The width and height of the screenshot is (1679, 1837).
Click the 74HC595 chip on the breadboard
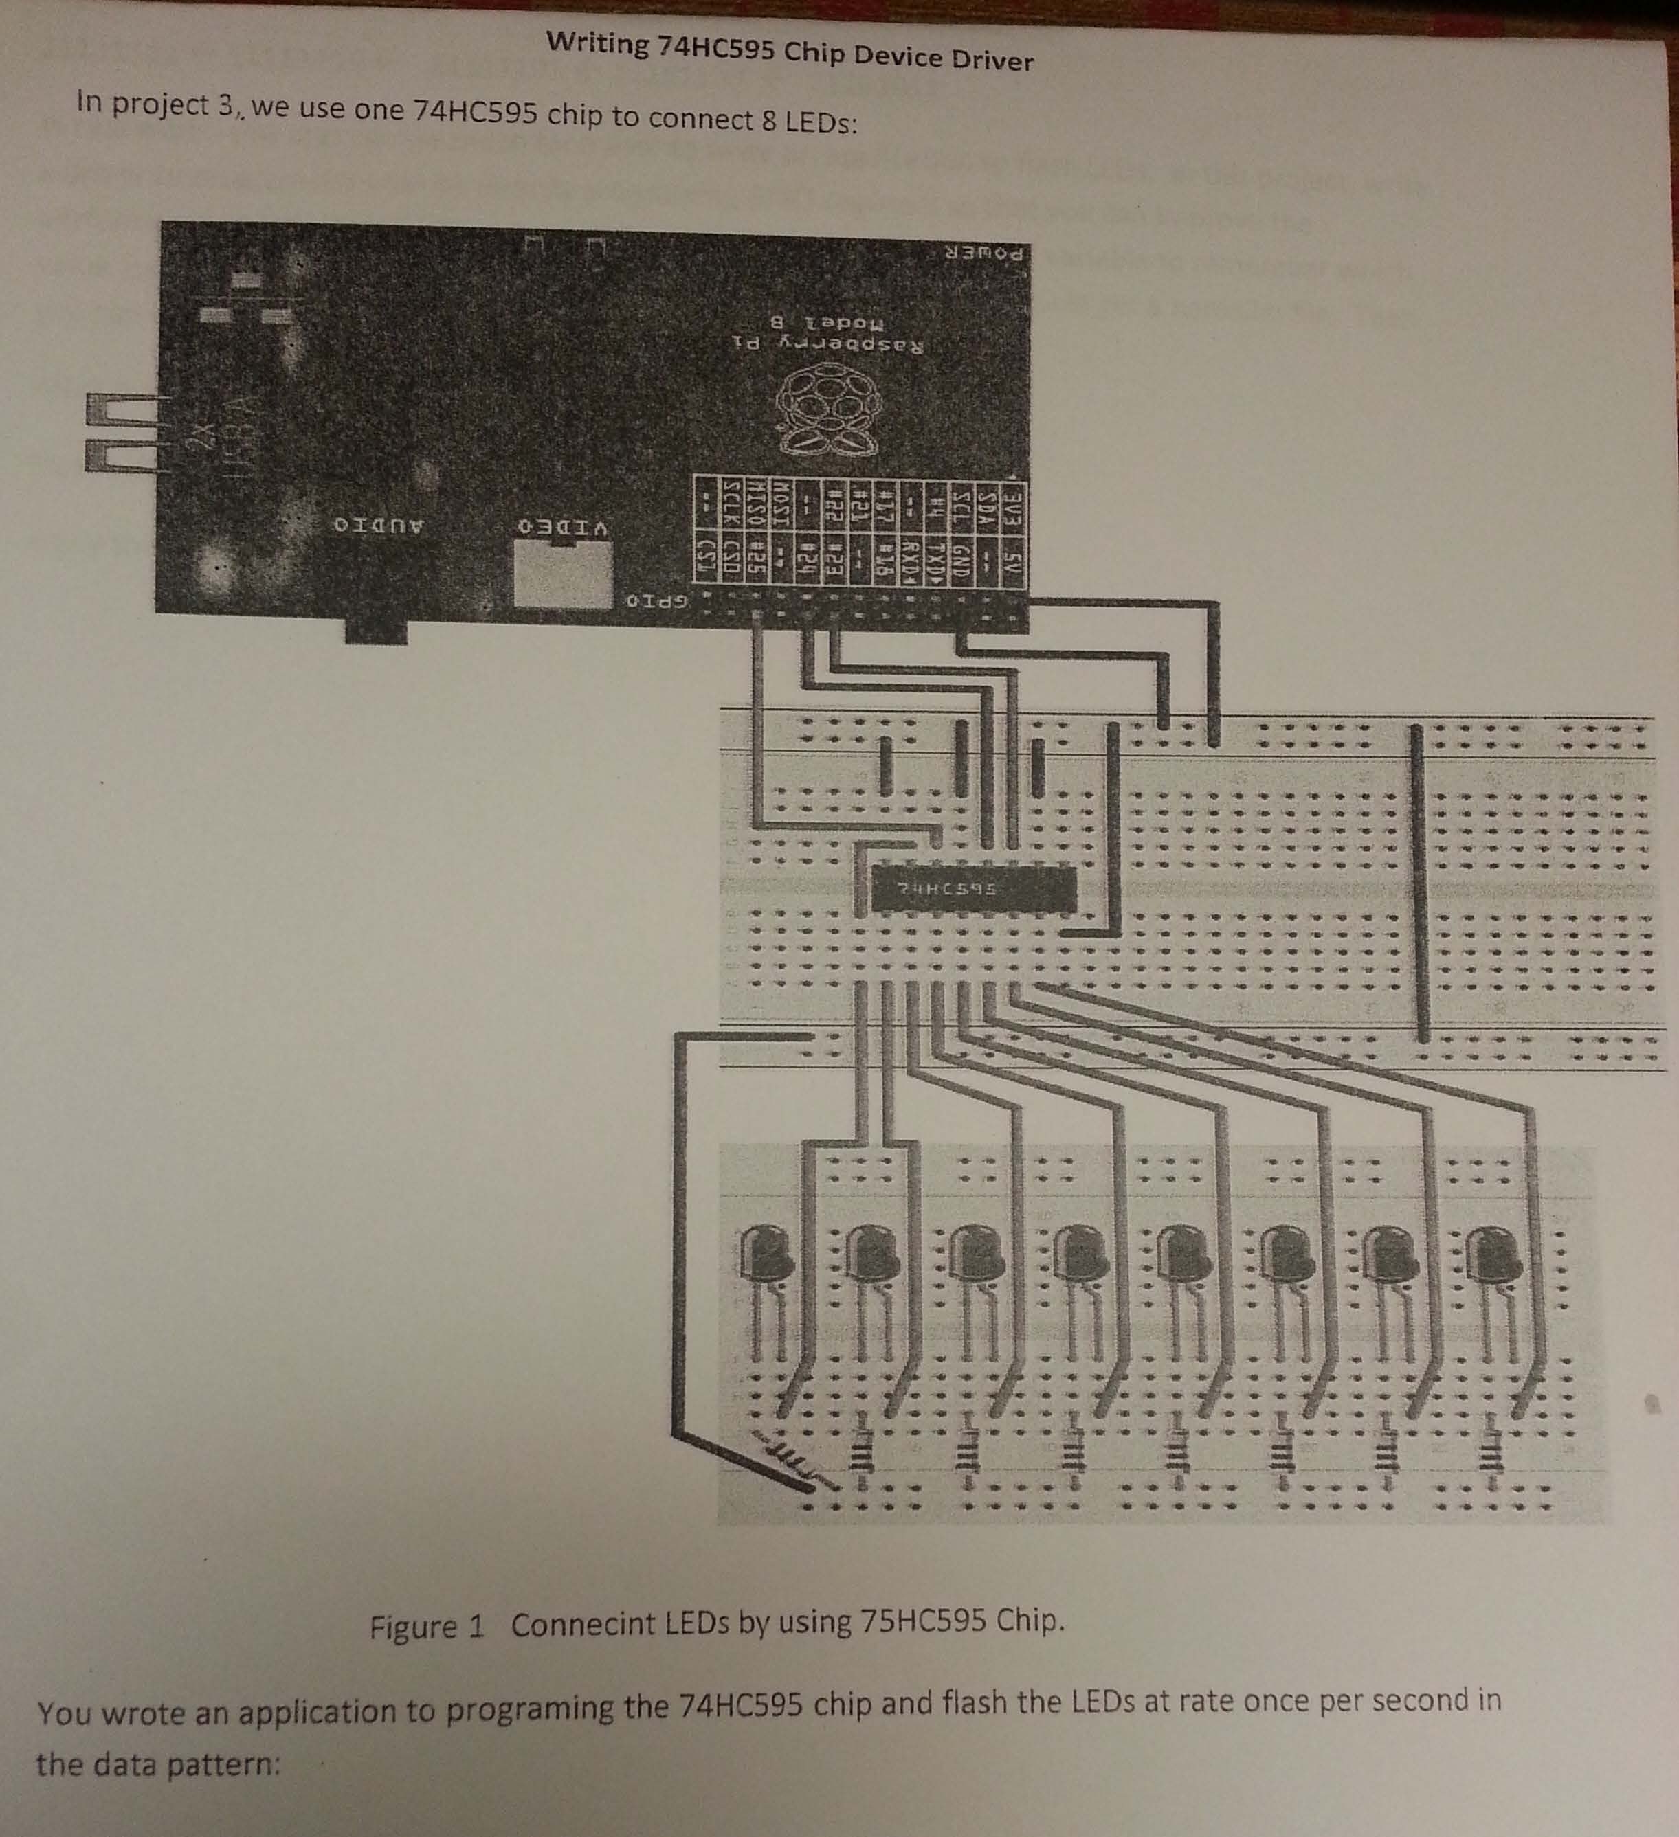(x=972, y=888)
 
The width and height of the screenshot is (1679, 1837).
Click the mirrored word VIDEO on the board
(x=564, y=528)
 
